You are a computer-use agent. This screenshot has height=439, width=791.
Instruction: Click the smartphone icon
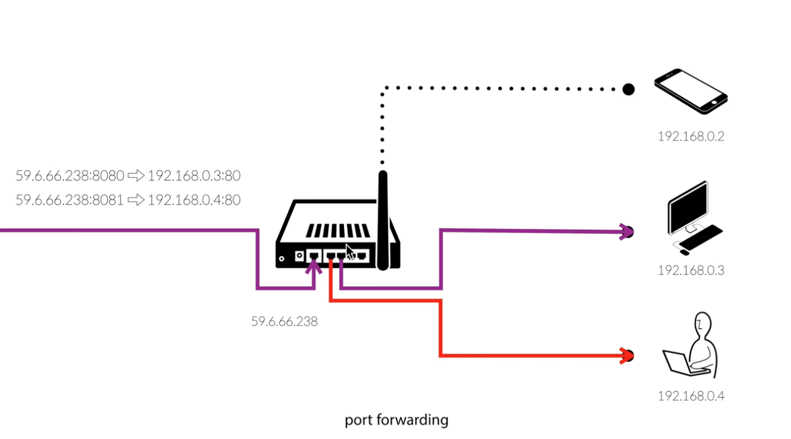[x=691, y=91]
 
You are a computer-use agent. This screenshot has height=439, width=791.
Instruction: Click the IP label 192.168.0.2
[x=691, y=136]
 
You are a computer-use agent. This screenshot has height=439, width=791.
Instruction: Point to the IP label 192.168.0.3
[x=691, y=270]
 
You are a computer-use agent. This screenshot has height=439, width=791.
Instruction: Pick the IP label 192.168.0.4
[x=691, y=396]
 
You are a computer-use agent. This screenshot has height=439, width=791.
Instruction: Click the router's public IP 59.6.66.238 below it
[x=284, y=321]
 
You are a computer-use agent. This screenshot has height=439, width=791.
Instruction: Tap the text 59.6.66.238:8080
[x=69, y=175]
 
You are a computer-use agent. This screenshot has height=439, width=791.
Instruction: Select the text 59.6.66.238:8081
[x=69, y=200]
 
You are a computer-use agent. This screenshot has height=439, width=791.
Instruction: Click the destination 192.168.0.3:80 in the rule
[x=194, y=175]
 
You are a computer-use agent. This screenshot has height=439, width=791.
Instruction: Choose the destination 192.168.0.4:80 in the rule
[x=194, y=200]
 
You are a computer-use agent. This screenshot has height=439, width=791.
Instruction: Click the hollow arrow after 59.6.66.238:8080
[x=136, y=175]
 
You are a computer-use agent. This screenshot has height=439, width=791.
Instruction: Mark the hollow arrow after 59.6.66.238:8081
[x=136, y=200]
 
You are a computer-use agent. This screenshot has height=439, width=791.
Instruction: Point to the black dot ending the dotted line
[x=628, y=89]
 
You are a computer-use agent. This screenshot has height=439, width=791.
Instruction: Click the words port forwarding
[x=396, y=420]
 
